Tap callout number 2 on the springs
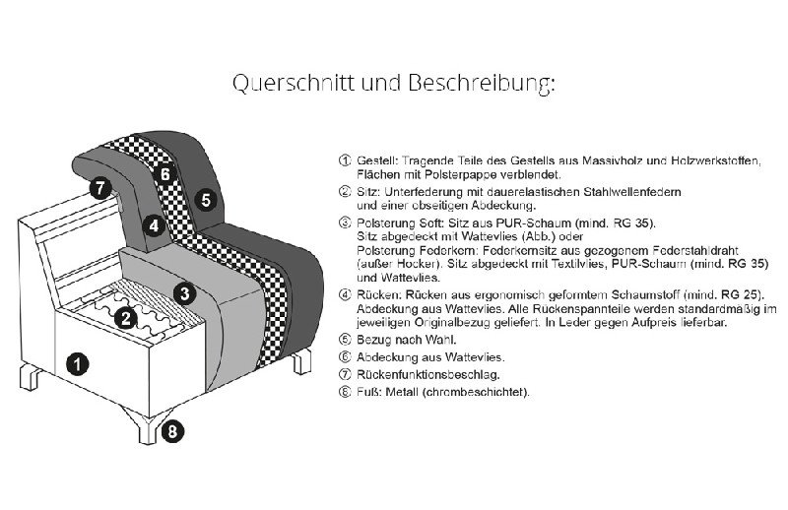click(x=125, y=316)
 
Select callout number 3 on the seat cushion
click(x=183, y=291)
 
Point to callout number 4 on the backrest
click(x=153, y=224)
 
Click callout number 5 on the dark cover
click(x=205, y=200)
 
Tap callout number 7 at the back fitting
click(x=98, y=188)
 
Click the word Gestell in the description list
click(x=375, y=159)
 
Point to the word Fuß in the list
click(x=365, y=391)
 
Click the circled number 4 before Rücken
click(x=344, y=294)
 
